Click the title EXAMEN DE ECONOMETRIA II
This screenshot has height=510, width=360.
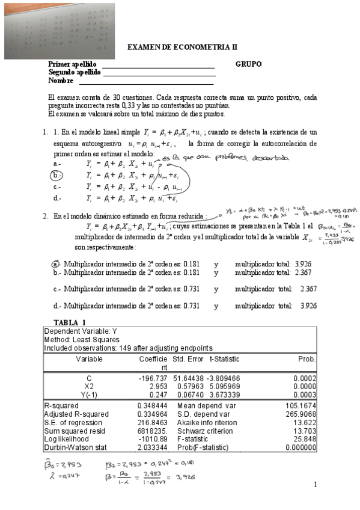click(x=183, y=47)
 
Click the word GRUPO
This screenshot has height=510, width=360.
click(x=248, y=64)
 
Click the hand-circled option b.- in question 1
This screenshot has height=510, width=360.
click(x=56, y=175)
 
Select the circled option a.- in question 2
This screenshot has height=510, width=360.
click(x=56, y=264)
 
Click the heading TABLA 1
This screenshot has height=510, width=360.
click(x=70, y=322)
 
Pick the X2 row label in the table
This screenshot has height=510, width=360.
click(x=89, y=386)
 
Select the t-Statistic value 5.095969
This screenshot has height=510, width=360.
click(x=224, y=386)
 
